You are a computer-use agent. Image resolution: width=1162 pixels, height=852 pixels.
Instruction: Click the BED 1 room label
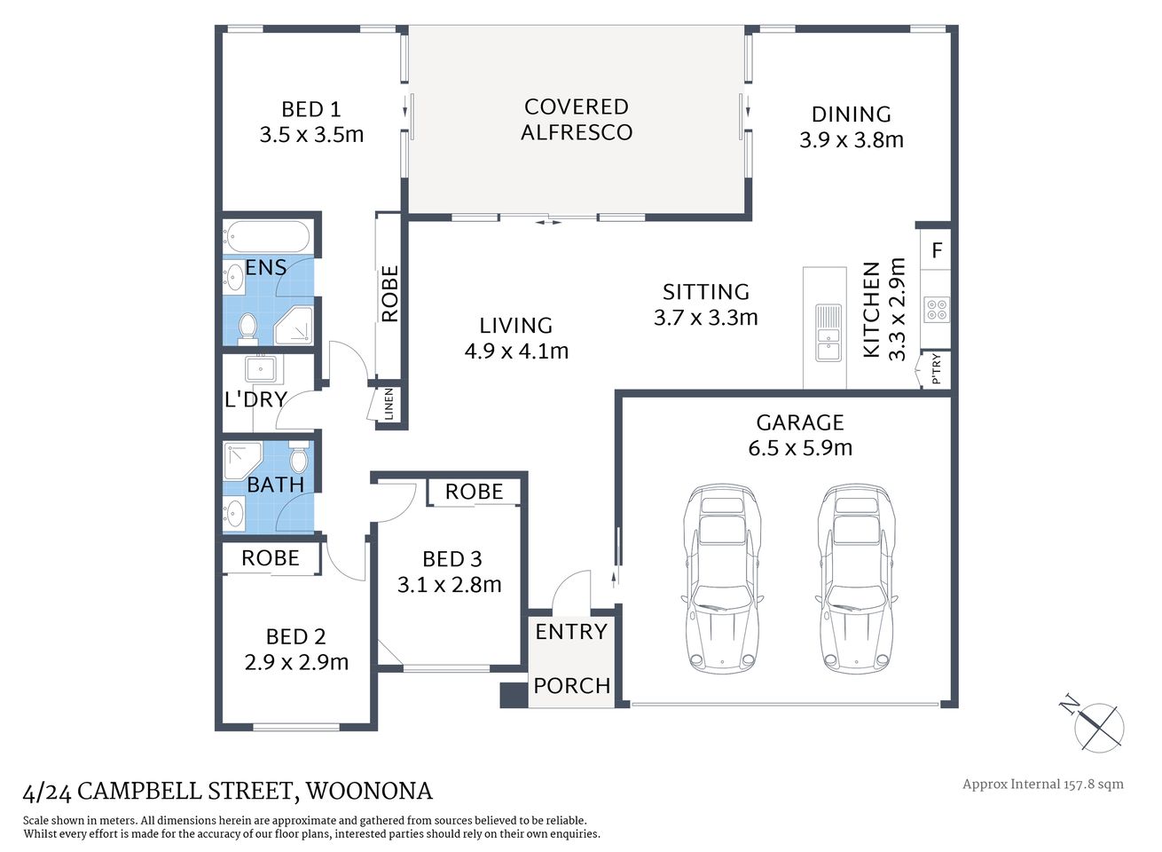click(310, 109)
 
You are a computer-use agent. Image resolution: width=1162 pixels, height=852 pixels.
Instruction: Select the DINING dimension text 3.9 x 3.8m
click(851, 140)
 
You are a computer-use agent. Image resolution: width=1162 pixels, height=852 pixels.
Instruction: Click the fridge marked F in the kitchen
click(937, 251)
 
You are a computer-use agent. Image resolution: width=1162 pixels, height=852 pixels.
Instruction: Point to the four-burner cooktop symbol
click(937, 310)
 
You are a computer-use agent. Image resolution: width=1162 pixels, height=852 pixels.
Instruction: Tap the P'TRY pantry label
click(936, 369)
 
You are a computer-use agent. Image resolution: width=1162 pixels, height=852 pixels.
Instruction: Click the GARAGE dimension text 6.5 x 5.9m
click(799, 448)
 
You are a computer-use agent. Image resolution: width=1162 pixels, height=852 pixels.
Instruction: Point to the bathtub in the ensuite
click(267, 237)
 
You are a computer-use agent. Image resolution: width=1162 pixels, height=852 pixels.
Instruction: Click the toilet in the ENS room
click(247, 327)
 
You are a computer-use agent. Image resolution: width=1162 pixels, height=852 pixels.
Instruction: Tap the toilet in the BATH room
click(299, 457)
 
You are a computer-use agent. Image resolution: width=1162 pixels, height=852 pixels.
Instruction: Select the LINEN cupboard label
click(389, 405)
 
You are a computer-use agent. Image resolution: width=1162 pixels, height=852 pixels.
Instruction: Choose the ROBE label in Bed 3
click(474, 492)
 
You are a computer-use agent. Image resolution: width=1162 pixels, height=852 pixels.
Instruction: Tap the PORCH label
click(571, 686)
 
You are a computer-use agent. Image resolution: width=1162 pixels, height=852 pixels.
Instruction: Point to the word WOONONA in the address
click(369, 791)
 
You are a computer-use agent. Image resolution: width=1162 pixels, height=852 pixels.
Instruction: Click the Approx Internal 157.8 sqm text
click(1042, 784)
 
